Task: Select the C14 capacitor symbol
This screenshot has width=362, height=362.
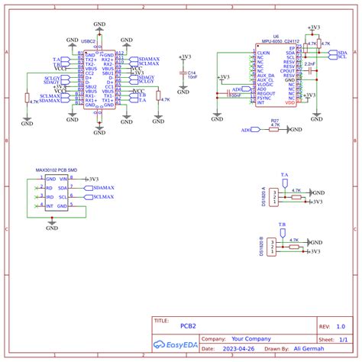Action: (x=181, y=73)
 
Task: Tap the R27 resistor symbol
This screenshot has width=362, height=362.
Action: (x=274, y=130)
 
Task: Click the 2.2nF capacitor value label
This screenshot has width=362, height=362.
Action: (x=309, y=64)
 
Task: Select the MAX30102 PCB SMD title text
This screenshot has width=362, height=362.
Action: (x=56, y=171)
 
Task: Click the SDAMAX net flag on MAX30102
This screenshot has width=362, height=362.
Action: (x=102, y=187)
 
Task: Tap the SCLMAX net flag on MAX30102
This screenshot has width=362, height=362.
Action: (x=102, y=197)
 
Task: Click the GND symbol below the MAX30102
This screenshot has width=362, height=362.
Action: (x=51, y=227)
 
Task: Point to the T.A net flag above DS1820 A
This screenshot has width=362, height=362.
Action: (x=284, y=176)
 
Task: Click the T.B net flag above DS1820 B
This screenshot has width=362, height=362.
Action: (x=282, y=226)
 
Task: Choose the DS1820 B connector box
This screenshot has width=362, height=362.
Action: (x=275, y=249)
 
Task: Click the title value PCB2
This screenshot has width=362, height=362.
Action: (x=188, y=325)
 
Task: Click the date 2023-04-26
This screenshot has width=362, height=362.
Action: (x=239, y=348)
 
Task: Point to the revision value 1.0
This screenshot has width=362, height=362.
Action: (x=340, y=325)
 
